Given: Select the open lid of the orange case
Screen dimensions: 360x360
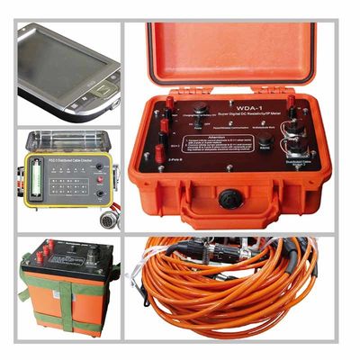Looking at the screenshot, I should coord(234,49).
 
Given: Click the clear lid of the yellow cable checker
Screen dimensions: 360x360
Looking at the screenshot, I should coord(67,143).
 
